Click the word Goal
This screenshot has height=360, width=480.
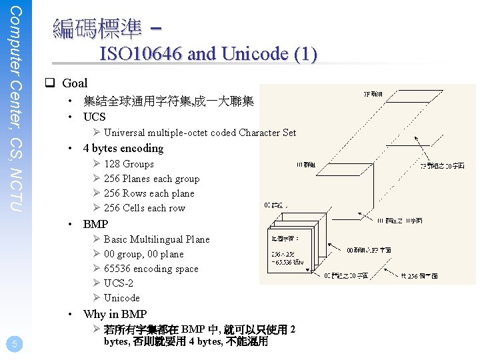[75, 83]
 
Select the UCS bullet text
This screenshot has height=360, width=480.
[94, 117]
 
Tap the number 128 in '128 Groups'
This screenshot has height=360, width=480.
[112, 164]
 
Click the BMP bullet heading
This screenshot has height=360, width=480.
[95, 224]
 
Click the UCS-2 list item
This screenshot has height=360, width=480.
[119, 283]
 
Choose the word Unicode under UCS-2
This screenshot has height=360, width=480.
[122, 298]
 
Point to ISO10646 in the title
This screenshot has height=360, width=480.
[141, 54]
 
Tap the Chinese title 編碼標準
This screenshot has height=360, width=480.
[97, 28]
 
